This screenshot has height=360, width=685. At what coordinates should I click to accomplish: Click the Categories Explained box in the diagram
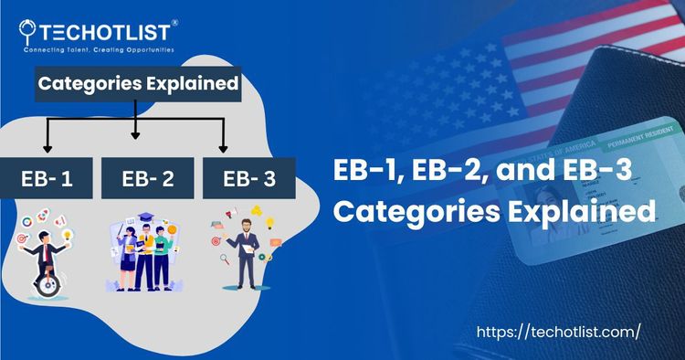pos(138,87)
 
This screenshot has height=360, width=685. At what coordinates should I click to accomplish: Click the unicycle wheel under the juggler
pos(49,284)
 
